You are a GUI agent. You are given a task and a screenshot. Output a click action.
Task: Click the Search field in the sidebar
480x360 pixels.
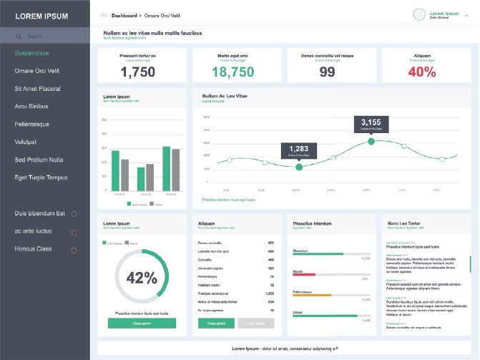click(44, 36)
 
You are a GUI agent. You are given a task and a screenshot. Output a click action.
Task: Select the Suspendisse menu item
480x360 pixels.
click(31, 53)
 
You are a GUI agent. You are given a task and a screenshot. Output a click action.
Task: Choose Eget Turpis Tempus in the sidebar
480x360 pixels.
click(41, 177)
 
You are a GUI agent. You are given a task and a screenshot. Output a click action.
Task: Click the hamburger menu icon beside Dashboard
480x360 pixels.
click(104, 15)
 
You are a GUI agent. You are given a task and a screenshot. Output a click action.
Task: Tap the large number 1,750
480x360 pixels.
click(138, 72)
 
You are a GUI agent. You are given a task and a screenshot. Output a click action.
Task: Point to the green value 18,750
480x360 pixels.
click(232, 72)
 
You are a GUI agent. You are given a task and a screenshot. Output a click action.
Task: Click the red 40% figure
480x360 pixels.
click(422, 72)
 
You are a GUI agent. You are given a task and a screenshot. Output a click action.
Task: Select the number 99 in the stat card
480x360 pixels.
click(327, 72)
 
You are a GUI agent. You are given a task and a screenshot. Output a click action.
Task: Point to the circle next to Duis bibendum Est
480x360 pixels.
click(74, 214)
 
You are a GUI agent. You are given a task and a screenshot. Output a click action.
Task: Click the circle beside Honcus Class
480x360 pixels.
click(74, 250)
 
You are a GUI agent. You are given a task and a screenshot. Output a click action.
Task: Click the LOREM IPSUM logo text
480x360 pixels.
click(42, 16)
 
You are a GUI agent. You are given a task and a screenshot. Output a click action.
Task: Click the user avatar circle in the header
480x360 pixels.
click(420, 15)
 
